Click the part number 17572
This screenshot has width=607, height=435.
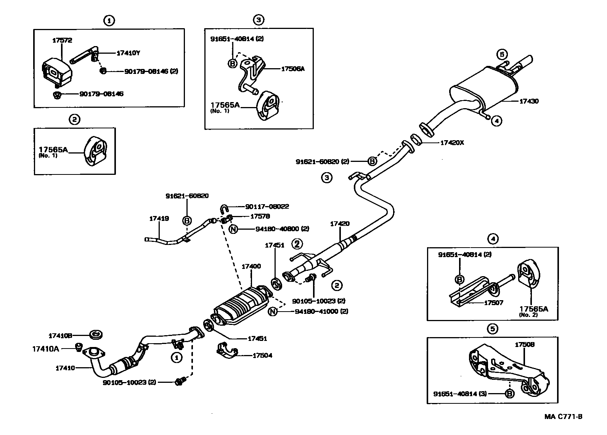coord(62,40)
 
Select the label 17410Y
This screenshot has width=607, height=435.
coord(127,53)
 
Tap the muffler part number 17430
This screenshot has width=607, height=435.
coord(529,101)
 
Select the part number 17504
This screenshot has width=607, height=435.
coord(263,355)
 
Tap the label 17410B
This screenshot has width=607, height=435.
coord(60,336)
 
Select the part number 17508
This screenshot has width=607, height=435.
coord(525,344)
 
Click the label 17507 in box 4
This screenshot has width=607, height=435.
coord(493,303)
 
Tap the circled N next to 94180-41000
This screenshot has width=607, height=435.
coord(272,312)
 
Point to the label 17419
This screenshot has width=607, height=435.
coord(159,219)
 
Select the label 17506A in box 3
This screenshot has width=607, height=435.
coord(293,69)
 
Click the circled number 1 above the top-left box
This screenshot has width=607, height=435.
coord(109,21)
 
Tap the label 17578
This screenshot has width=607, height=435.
coord(260,216)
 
